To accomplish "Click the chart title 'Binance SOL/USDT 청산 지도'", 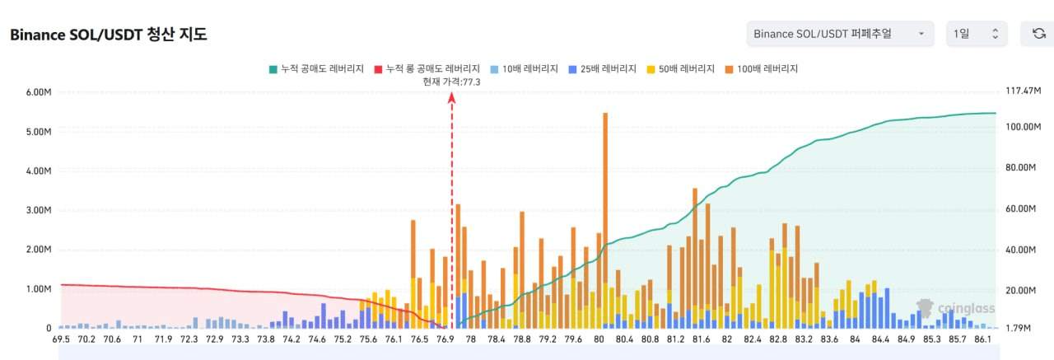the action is tap(109, 35).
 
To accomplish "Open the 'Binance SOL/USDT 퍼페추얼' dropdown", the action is tap(840, 34).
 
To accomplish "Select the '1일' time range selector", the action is tap(977, 34).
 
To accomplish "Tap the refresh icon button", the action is tap(1038, 34).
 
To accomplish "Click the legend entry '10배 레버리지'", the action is tap(525, 69).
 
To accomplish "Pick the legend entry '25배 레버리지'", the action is tap(603, 69).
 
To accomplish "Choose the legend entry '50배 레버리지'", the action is tap(681, 69).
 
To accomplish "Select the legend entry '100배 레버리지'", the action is tap(762, 69).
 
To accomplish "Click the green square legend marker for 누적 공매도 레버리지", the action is tap(273, 70).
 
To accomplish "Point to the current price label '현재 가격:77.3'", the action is tap(451, 82).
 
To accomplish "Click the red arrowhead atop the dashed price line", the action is tap(452, 97).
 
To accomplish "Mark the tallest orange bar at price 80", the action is tap(605, 221).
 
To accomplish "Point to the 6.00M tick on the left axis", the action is tap(39, 92).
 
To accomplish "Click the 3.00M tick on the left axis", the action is tap(39, 210).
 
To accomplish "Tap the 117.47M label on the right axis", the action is tap(1023, 91).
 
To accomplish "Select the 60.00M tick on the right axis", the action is tap(1020, 209).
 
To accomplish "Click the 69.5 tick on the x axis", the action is tap(61, 339).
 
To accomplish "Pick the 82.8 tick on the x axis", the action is tap(778, 339).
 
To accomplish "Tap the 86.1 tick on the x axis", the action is tap(982, 339).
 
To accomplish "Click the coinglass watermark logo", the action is tap(956, 308).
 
